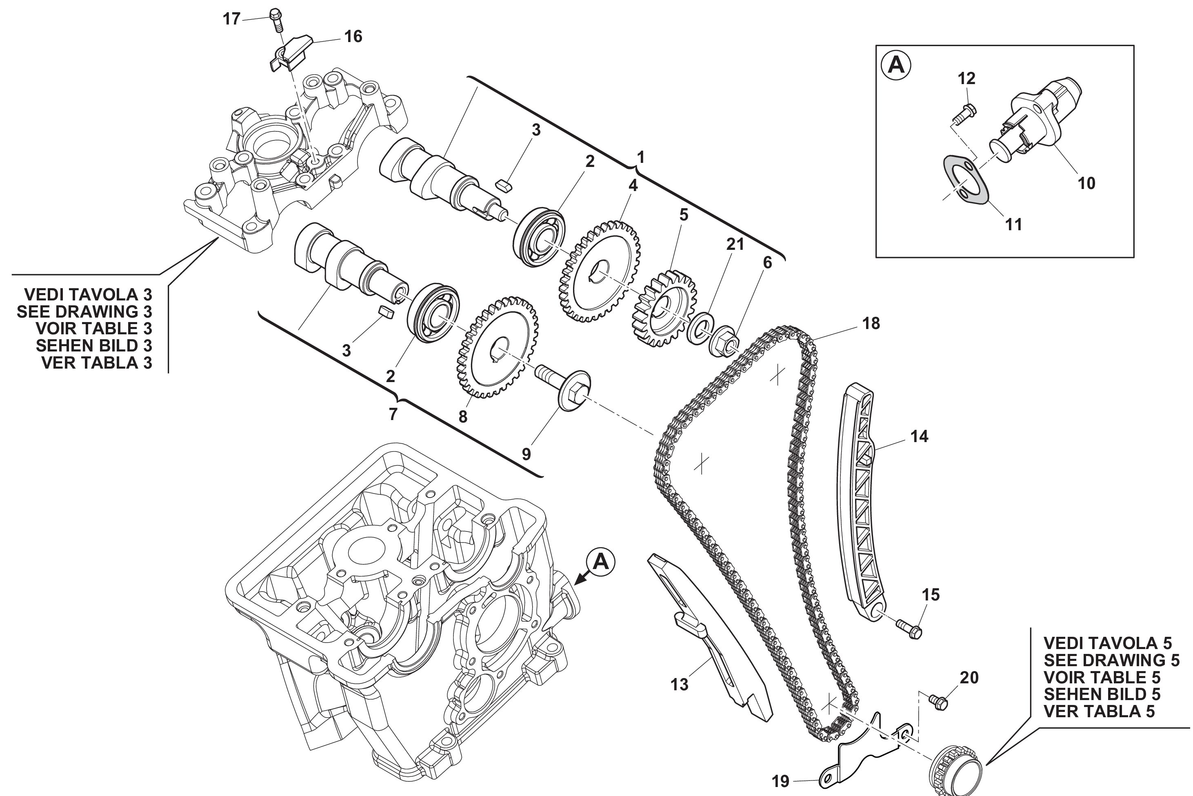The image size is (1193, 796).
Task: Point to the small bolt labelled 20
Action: click(938, 702)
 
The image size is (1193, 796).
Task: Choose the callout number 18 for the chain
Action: click(871, 323)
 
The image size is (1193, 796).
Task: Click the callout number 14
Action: click(919, 436)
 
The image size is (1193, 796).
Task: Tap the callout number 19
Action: click(780, 781)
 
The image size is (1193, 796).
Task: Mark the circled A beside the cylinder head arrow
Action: click(601, 562)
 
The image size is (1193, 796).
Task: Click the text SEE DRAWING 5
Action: click(1111, 660)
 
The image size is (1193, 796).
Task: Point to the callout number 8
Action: click(463, 417)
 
